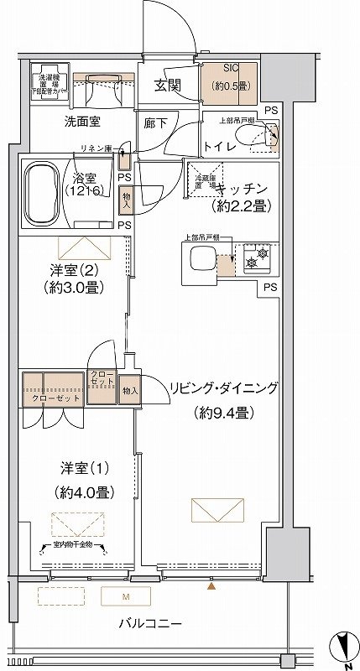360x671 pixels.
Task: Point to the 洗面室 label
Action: click(x=83, y=122)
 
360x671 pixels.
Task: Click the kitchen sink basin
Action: click(x=202, y=262)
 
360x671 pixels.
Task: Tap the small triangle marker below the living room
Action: click(x=211, y=586)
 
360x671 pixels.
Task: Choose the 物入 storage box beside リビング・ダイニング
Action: click(x=130, y=390)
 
